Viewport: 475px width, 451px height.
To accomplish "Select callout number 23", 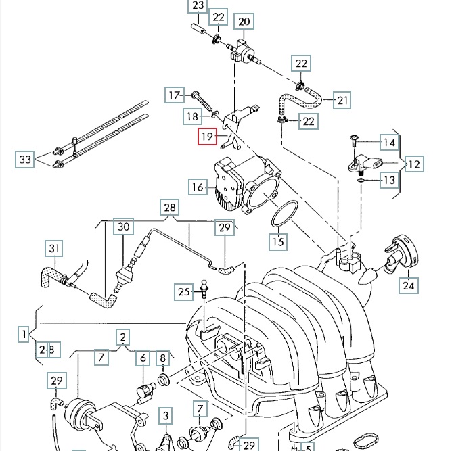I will click(x=198, y=7).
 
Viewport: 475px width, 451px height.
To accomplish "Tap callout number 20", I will click(x=244, y=22).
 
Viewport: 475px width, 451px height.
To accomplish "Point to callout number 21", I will click(x=342, y=101).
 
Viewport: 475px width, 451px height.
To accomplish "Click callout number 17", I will click(x=175, y=95).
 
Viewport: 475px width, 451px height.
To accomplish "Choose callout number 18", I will click(x=193, y=117).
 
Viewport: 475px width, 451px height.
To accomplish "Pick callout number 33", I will click(x=25, y=160).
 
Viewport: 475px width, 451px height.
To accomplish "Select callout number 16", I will click(x=198, y=187).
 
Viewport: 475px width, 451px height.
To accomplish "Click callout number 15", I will click(x=278, y=239).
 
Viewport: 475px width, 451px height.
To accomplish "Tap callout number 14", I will click(x=388, y=142).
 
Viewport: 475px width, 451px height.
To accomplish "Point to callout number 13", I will click(x=388, y=180).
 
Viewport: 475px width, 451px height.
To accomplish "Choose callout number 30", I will click(x=122, y=227).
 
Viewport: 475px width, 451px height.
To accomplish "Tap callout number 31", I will click(x=54, y=249).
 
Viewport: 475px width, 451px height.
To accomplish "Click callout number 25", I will click(x=183, y=292).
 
